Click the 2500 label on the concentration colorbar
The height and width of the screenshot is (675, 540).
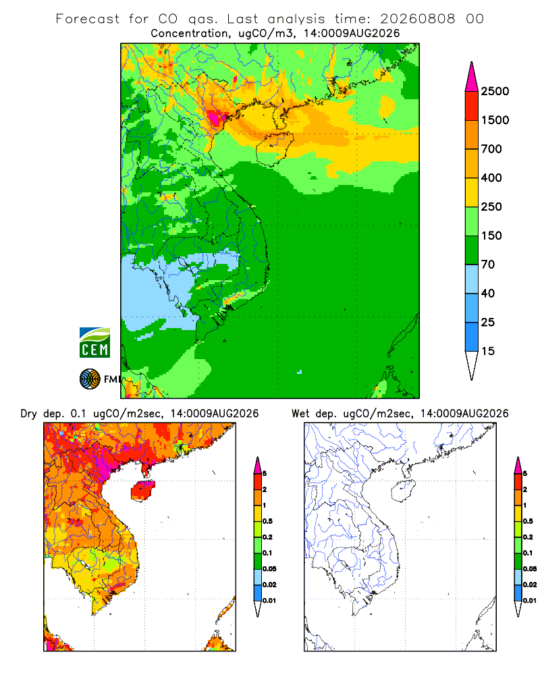(x=495, y=91)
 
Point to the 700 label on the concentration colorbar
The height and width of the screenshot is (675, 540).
(x=491, y=149)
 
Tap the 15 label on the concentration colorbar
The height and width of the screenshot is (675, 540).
(x=488, y=351)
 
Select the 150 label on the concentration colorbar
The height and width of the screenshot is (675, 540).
(x=491, y=236)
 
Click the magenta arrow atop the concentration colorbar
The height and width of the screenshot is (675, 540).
(x=472, y=78)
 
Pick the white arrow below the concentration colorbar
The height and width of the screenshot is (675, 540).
(x=472, y=365)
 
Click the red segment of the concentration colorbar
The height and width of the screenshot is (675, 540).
(x=472, y=106)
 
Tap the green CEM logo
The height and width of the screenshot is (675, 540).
(x=94, y=343)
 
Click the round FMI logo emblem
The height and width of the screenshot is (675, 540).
(x=90, y=379)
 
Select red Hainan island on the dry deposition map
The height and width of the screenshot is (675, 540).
(x=143, y=491)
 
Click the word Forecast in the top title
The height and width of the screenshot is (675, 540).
(x=88, y=19)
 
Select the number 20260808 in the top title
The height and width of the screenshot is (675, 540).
(x=418, y=19)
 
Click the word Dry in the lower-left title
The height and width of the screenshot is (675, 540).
(x=29, y=414)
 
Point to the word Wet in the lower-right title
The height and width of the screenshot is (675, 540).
(x=300, y=414)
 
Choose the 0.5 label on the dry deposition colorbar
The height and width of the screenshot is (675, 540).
(x=267, y=521)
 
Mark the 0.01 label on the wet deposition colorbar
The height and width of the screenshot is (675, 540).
(x=530, y=601)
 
